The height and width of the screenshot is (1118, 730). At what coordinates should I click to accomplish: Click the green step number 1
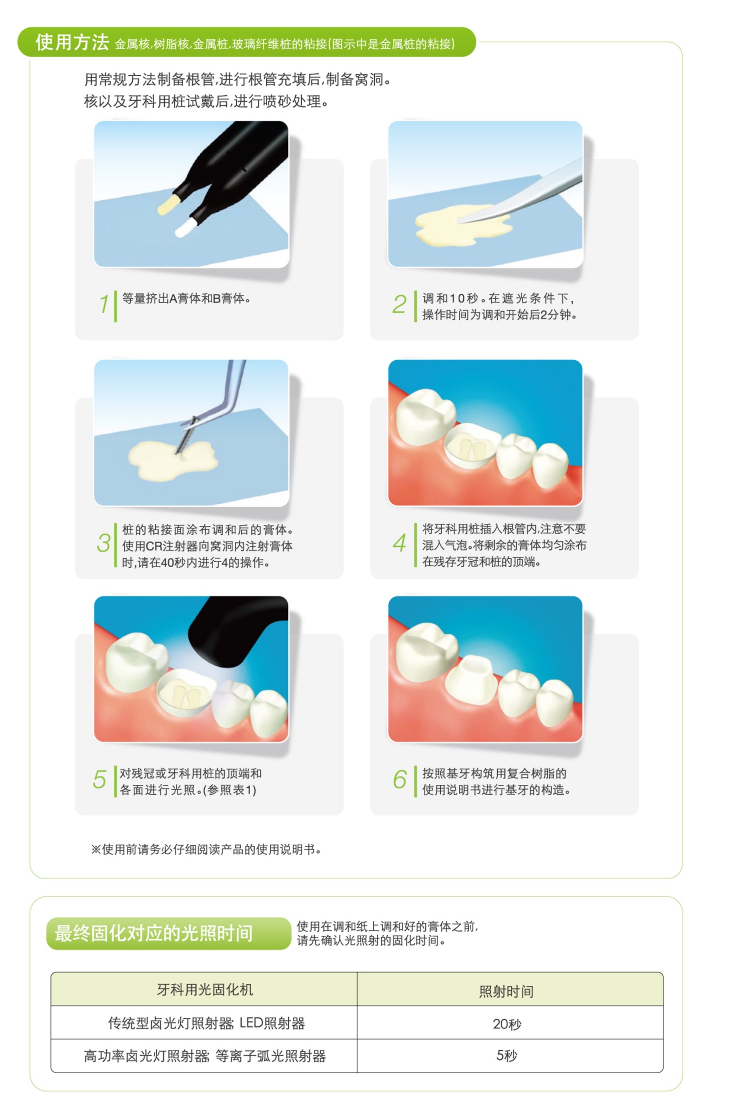pyautogui.click(x=104, y=304)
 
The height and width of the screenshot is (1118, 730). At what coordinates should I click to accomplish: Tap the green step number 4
pyautogui.click(x=399, y=543)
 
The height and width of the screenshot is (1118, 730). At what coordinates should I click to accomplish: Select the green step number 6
pyautogui.click(x=399, y=779)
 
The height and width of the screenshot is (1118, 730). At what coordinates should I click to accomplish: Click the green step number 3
pyautogui.click(x=104, y=543)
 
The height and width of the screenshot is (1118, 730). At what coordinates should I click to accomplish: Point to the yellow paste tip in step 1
pyautogui.click(x=168, y=203)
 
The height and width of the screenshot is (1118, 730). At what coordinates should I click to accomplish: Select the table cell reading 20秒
pyautogui.click(x=507, y=1024)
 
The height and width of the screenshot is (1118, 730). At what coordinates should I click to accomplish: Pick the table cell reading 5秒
pyautogui.click(x=507, y=1055)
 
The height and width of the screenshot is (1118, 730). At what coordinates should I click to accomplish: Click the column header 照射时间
pyautogui.click(x=506, y=991)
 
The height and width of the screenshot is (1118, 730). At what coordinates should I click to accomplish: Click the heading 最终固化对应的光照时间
pyautogui.click(x=154, y=933)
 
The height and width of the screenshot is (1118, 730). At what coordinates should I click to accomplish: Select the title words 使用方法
pyautogui.click(x=72, y=42)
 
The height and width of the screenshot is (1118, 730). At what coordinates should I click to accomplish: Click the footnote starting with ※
pyautogui.click(x=206, y=849)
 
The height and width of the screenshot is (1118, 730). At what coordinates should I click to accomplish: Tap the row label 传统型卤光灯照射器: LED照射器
pyautogui.click(x=206, y=1023)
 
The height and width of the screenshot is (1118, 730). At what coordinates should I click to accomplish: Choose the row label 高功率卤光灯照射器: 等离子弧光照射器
pyautogui.click(x=205, y=1056)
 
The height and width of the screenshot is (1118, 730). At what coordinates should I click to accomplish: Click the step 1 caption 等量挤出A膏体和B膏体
pyautogui.click(x=186, y=298)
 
